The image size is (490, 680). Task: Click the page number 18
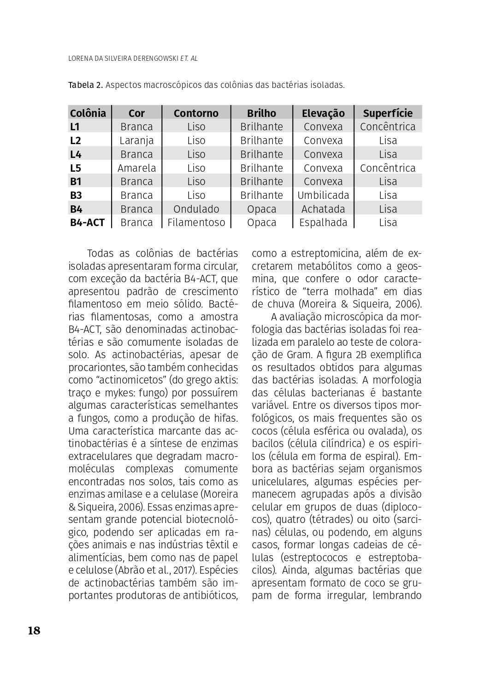(x=34, y=631)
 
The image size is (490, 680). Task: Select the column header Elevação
(x=323, y=113)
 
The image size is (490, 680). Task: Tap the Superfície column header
(x=388, y=113)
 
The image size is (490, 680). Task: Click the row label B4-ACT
(x=87, y=223)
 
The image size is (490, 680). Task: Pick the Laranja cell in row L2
(x=136, y=140)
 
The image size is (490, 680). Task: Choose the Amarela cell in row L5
(x=136, y=168)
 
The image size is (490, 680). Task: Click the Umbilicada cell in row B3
(x=323, y=195)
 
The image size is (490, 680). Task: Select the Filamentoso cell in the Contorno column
(x=196, y=223)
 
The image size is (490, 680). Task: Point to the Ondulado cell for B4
(x=196, y=209)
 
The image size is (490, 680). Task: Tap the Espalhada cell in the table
(x=323, y=223)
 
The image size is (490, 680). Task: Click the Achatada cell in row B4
(x=323, y=209)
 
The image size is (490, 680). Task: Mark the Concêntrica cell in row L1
(x=388, y=127)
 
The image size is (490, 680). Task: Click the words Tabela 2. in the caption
(x=85, y=85)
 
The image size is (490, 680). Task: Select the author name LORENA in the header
(x=81, y=59)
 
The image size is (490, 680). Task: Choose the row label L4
(x=76, y=154)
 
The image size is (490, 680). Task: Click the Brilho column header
(x=261, y=113)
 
